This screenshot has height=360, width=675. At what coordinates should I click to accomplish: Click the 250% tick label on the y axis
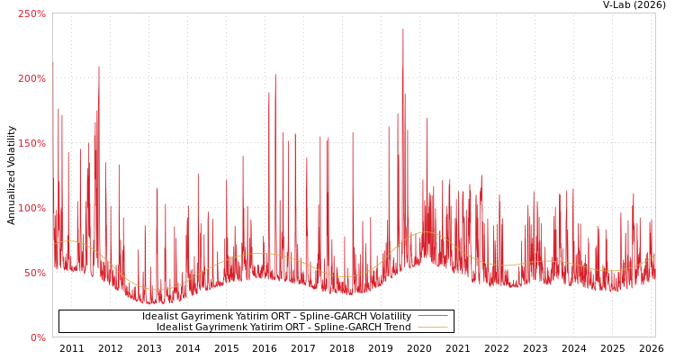[x=31, y=14]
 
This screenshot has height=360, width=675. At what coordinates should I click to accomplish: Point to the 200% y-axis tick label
[x=31, y=79]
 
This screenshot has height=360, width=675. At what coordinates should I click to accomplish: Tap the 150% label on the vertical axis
[x=31, y=144]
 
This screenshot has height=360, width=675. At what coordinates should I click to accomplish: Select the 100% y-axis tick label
[x=31, y=209]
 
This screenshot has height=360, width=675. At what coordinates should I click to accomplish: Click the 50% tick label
[x=34, y=274]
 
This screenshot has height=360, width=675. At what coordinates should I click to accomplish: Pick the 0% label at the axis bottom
[x=38, y=338]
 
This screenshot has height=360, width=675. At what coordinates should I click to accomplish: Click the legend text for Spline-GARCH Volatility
[x=276, y=317]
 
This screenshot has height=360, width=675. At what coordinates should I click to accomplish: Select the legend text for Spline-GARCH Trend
[x=283, y=328]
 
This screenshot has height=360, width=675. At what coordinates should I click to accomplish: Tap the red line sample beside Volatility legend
[x=433, y=317]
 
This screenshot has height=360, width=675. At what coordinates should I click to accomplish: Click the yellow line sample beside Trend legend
[x=433, y=328]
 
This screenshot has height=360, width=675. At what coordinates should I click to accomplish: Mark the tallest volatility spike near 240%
[x=403, y=30]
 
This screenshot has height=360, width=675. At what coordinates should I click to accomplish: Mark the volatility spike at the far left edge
[x=53, y=63]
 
